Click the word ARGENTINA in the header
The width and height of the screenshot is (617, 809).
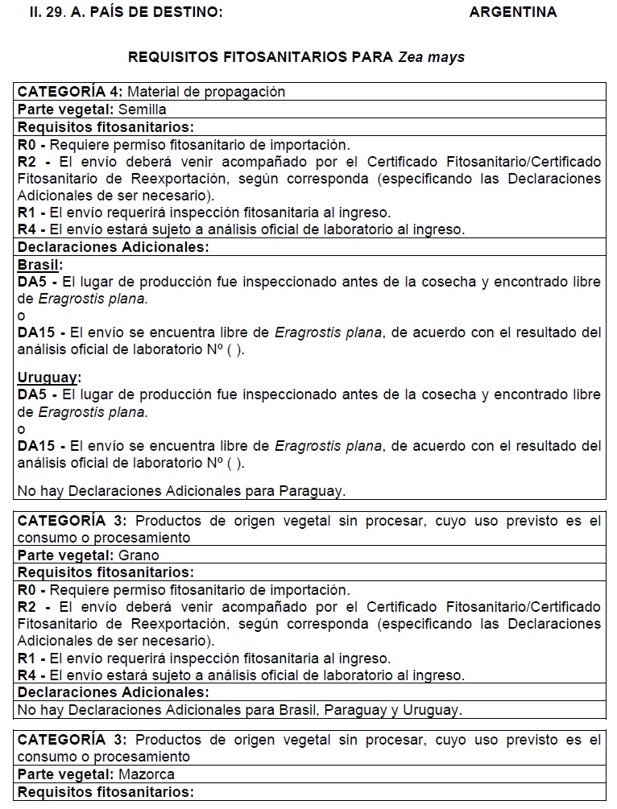coord(512,12)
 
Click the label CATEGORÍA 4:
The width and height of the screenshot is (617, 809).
coord(70,92)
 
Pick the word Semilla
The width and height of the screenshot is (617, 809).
coord(143,109)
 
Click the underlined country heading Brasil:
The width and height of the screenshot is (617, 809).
coord(39,265)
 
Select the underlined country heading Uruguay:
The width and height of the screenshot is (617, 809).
coord(49,377)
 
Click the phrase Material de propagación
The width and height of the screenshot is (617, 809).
coord(206,92)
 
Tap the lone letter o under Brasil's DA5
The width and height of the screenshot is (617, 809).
coord(22,316)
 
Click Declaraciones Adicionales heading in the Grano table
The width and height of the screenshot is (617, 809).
coord(113,692)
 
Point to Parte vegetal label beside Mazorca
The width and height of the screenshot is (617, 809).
coord(65,774)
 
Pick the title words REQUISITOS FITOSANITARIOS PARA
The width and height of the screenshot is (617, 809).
coord(260,57)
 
